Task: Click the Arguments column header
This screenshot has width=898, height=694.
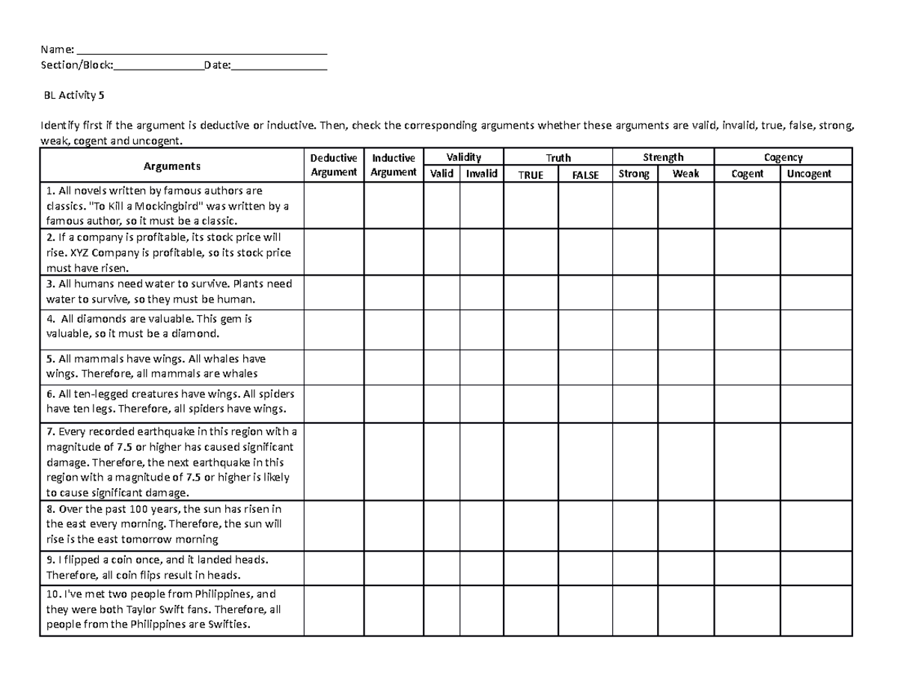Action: coord(172,165)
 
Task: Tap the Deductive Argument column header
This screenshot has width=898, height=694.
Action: coord(334,165)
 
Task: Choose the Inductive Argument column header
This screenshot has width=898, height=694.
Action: coord(394,165)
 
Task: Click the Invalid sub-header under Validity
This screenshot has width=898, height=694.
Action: coord(481,174)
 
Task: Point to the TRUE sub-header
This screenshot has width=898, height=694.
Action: coord(531,174)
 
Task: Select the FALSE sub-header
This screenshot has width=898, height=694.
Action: coord(585,174)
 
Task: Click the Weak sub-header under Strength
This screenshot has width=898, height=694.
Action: coord(685,174)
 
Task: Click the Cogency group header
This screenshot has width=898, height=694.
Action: coord(783,157)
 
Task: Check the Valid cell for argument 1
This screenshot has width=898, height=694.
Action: coord(442,206)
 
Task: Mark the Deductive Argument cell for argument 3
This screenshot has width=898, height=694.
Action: coord(334,292)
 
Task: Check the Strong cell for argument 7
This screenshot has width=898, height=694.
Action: coord(635,462)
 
